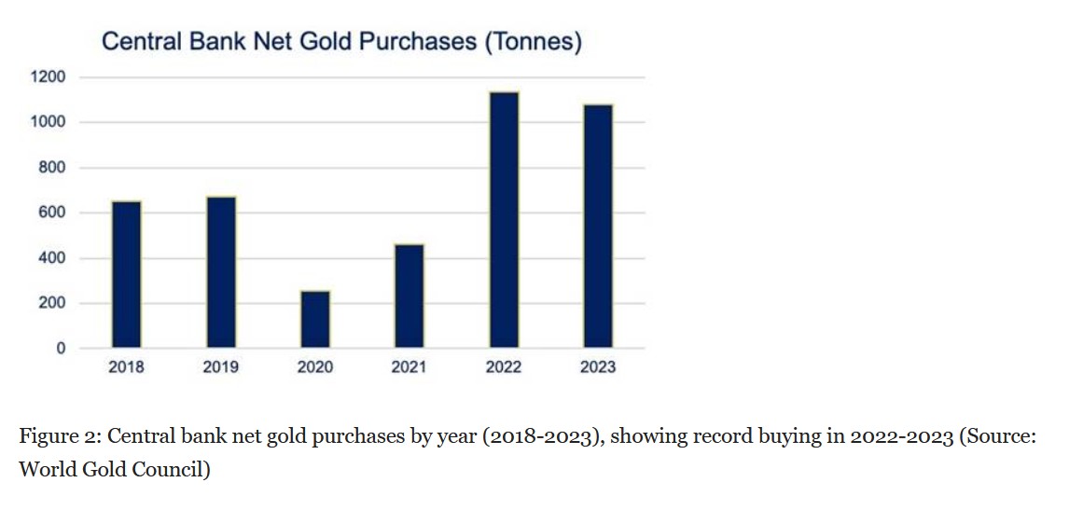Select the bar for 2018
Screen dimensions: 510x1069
point(126,275)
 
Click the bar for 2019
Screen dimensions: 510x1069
point(220,272)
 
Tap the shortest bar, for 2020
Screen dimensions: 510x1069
point(314,320)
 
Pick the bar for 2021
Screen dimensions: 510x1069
point(409,296)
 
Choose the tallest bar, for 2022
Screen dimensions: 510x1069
point(504,220)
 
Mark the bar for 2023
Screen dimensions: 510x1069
point(598,227)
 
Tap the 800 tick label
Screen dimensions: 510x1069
point(52,168)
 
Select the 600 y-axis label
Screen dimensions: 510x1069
point(52,213)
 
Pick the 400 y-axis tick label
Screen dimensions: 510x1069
point(52,258)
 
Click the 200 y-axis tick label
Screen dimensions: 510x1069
point(52,303)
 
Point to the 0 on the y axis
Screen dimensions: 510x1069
point(61,349)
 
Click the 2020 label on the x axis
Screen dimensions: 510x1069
point(314,367)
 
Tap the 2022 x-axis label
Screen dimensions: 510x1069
point(504,367)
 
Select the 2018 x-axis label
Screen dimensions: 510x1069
point(126,367)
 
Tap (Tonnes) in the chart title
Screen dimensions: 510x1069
point(533,42)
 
